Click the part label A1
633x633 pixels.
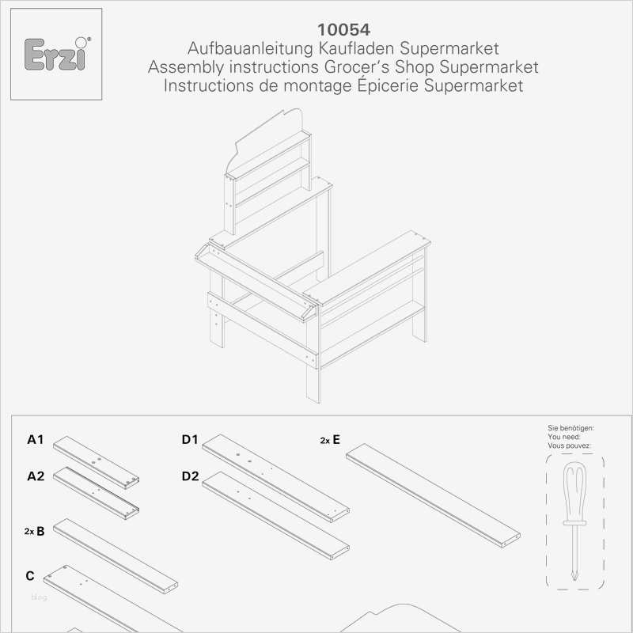pos(36,439)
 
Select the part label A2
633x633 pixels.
pos(36,476)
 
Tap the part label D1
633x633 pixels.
pos(190,439)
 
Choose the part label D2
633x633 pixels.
pos(190,476)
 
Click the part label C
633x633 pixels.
pos(30,575)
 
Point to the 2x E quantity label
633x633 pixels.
pos(330,439)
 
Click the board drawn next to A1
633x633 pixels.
pos(96,462)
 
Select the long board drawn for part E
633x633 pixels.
pos(434,495)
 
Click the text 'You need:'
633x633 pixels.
pos(563,436)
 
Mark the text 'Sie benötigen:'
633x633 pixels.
pos(570,427)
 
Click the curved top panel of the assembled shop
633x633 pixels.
pos(269,135)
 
